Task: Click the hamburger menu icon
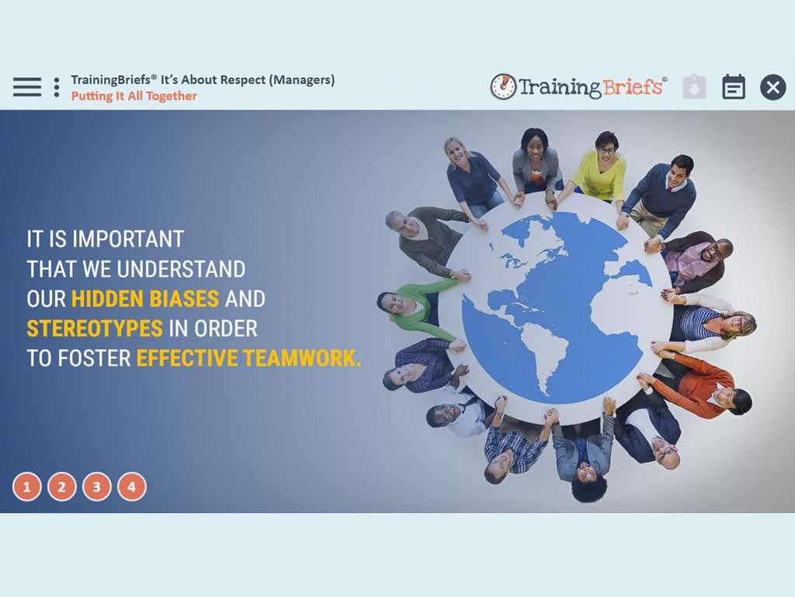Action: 27,87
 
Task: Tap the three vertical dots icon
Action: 57,87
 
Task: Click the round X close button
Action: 772,87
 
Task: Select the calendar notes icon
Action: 733,87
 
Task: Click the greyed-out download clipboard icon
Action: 695,87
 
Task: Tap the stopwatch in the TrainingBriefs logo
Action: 503,86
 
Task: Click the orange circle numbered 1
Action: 27,487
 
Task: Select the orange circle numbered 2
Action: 62,487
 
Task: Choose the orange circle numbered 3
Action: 97,487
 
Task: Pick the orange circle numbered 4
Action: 132,487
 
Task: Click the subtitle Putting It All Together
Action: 134,96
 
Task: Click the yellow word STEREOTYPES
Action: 95,329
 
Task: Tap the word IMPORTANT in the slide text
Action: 128,239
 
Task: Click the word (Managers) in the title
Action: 302,80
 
